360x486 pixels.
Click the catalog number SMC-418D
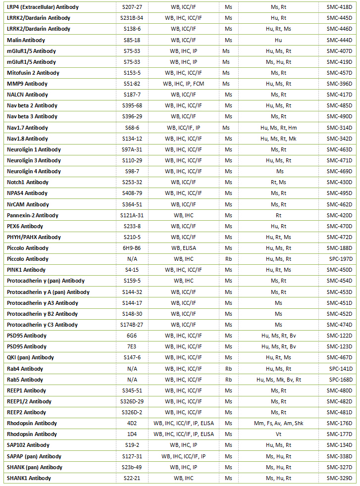(339, 7)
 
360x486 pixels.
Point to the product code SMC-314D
(339, 128)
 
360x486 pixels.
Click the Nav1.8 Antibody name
(27, 139)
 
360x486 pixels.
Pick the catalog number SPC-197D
(339, 259)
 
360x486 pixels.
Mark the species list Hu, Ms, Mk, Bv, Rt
(279, 380)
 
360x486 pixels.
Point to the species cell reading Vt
(279, 434)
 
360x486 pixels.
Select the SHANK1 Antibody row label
(29, 478)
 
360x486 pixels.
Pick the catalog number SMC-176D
(339, 423)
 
